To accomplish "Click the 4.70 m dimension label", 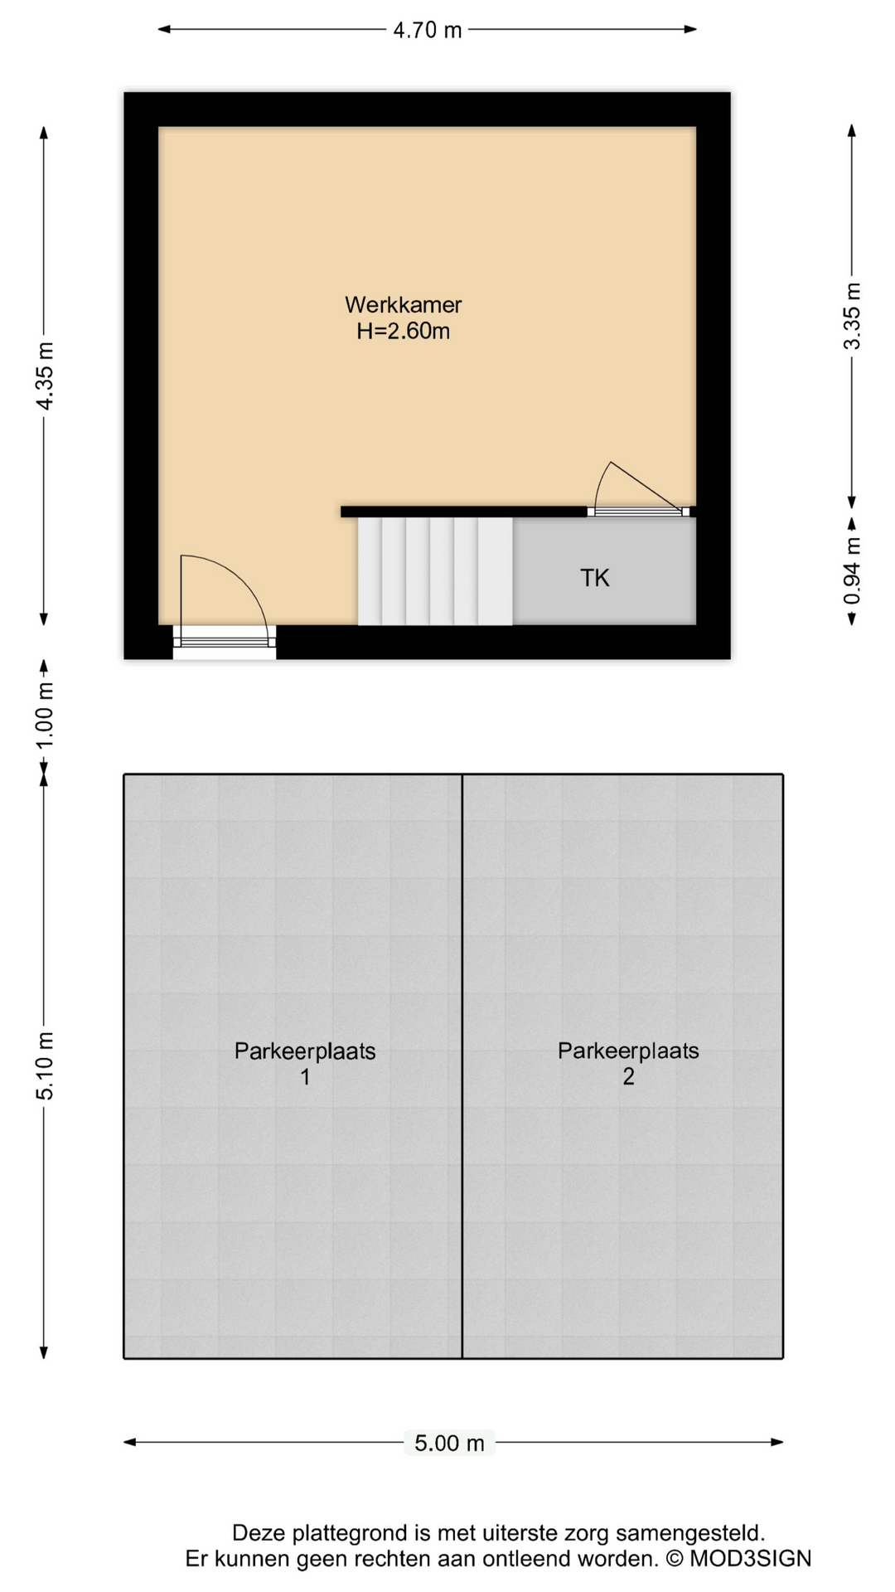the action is (427, 30).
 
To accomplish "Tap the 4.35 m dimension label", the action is (45, 376).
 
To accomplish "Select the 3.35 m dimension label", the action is (852, 316).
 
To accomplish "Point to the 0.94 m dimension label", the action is (852, 571).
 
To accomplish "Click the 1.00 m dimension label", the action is (45, 715).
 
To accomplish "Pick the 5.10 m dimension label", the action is (45, 1065).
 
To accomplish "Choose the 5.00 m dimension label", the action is (449, 1443).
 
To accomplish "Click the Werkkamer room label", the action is (404, 304).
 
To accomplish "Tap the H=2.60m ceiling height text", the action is (404, 331).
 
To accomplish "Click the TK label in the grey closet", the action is (595, 578).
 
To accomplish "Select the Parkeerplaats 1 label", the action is (305, 1064).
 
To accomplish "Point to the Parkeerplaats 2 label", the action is (628, 1064).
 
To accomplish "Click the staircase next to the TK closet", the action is (435, 571).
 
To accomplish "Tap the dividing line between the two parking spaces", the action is (462, 1066).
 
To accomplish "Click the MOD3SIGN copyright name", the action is (751, 1559).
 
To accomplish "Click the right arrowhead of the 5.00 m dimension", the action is (777, 1442).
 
